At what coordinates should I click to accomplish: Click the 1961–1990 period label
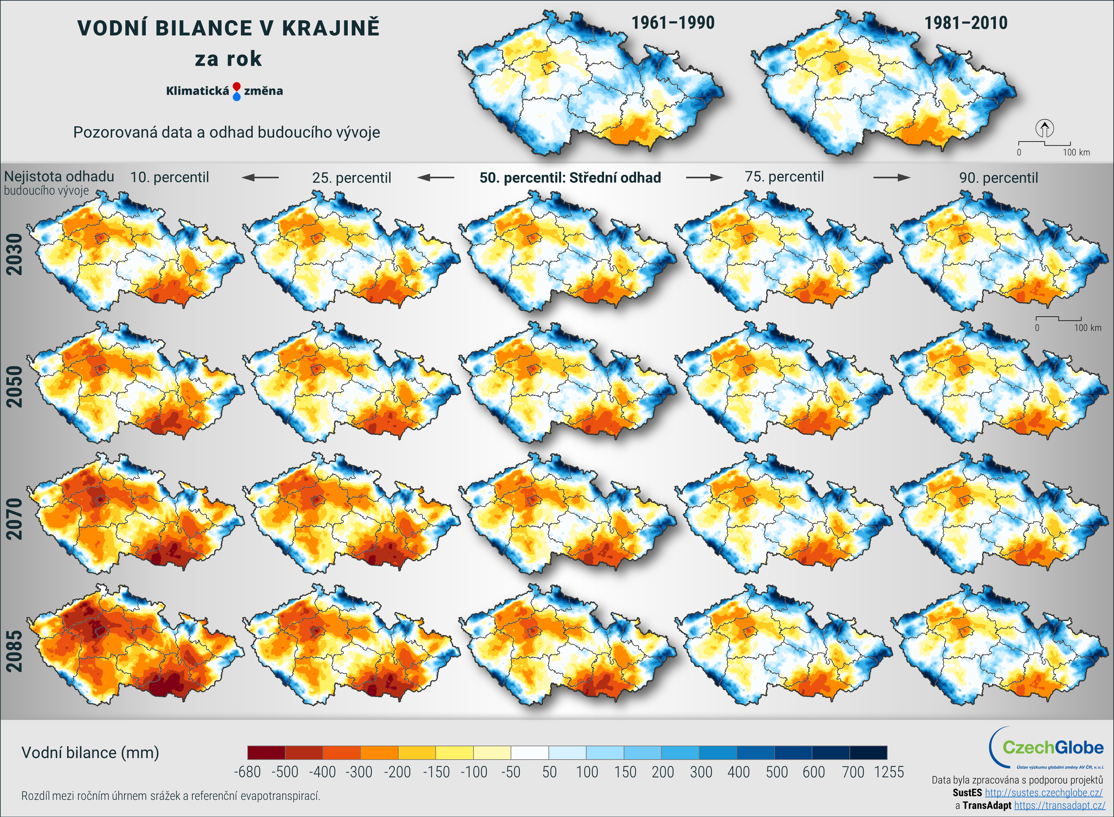pyautogui.click(x=673, y=23)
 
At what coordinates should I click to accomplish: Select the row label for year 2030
pyautogui.click(x=14, y=254)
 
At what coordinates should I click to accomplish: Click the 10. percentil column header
pyautogui.click(x=169, y=177)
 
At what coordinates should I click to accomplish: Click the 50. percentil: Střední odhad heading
pyautogui.click(x=570, y=178)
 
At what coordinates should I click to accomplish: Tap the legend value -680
pyautogui.click(x=247, y=772)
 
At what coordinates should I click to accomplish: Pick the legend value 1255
pyautogui.click(x=889, y=772)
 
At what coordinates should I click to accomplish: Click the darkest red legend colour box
pyautogui.click(x=266, y=753)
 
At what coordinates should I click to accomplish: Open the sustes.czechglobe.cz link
pyautogui.click(x=1043, y=793)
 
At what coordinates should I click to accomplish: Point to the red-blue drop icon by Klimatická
pyautogui.click(x=237, y=91)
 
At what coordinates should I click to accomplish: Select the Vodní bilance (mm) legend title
pyautogui.click(x=90, y=753)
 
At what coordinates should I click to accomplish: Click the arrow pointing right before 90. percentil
pyautogui.click(x=891, y=177)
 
